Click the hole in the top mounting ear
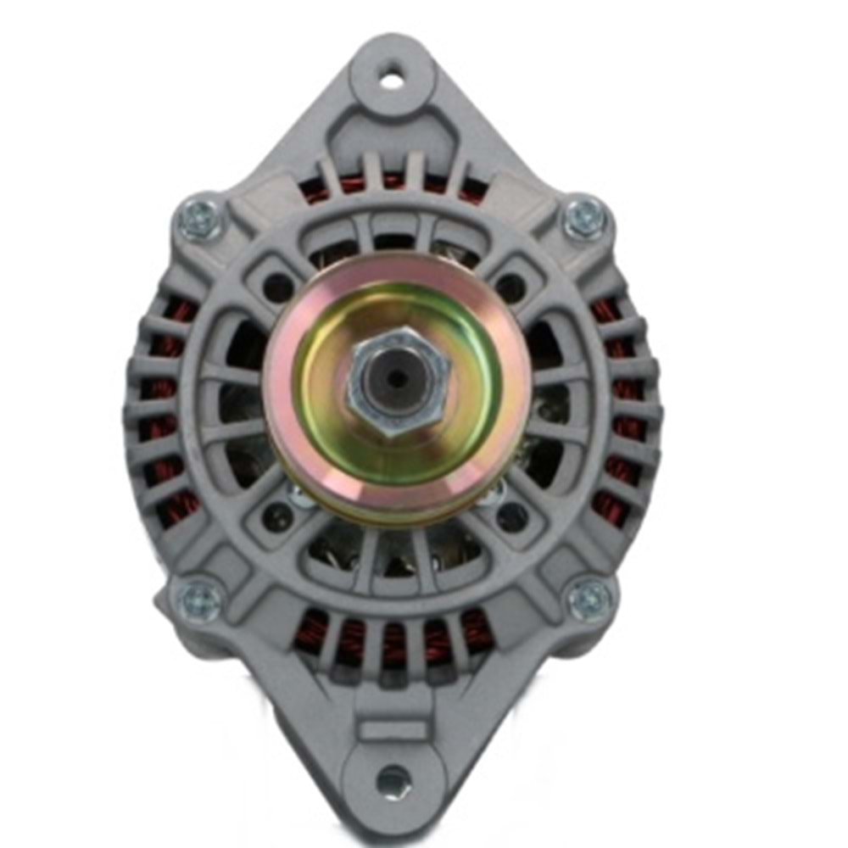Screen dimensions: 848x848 (391, 81)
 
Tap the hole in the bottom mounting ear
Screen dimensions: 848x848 (393, 781)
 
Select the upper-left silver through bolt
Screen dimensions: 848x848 (201, 220)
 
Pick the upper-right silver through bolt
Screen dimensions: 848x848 (585, 218)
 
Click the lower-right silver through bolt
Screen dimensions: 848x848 (589, 600)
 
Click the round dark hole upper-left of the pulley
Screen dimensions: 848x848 (277, 287)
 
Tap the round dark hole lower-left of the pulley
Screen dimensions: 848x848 (277, 515)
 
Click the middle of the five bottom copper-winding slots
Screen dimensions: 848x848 (393, 644)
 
